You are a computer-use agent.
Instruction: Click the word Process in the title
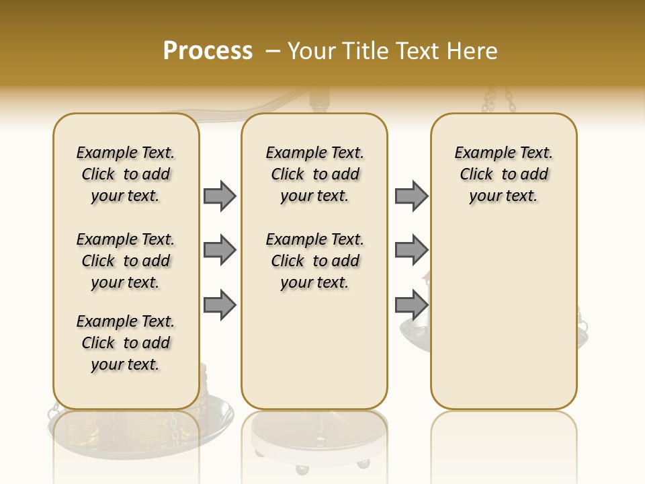pos(208,51)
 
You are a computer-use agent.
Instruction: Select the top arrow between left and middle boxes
pos(220,196)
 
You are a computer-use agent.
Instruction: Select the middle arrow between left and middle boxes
pos(220,251)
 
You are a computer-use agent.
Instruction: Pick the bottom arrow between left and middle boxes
pos(220,305)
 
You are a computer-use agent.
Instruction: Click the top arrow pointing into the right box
pos(411,196)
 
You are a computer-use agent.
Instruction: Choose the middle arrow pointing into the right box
pos(411,251)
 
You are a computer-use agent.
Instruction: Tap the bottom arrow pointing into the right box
pos(411,305)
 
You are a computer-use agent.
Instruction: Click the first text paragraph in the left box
pos(126,174)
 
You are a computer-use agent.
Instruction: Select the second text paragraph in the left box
pos(126,261)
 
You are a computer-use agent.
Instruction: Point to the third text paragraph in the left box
pos(126,343)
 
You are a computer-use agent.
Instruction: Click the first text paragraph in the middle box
pos(314,174)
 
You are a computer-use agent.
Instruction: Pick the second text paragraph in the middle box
pos(314,261)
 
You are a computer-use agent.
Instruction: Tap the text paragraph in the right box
pos(503,174)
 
